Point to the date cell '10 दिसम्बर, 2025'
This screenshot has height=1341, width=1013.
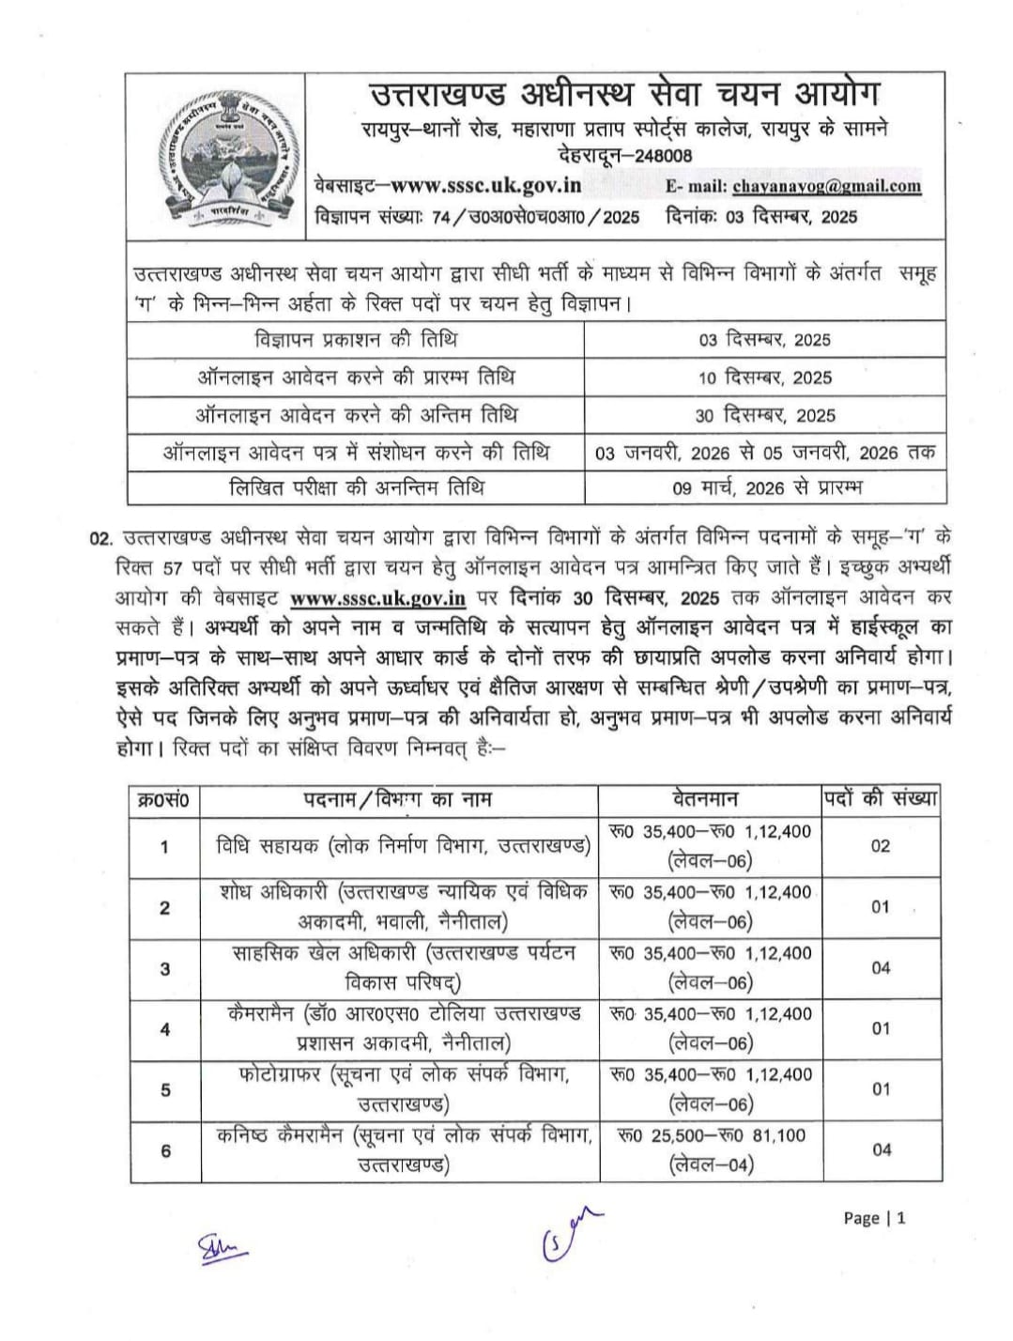pyautogui.click(x=765, y=378)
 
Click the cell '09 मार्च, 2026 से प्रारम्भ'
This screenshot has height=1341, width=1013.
pyautogui.click(x=765, y=487)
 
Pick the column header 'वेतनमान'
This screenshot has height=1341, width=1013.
pyautogui.click(x=705, y=799)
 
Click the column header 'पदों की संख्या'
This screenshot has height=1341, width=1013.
pyautogui.click(x=881, y=799)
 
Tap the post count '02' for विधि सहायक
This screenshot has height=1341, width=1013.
pyautogui.click(x=880, y=845)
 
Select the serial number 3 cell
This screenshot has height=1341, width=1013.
pyautogui.click(x=165, y=968)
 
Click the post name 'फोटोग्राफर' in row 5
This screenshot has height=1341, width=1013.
pyautogui.click(x=280, y=1075)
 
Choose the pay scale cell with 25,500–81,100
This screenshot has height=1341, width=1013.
pyautogui.click(x=712, y=1149)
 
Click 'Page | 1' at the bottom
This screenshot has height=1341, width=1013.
pyautogui.click(x=874, y=1218)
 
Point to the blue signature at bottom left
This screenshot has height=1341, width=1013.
pyautogui.click(x=219, y=1248)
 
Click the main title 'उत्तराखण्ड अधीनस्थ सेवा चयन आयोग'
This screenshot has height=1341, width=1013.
pyautogui.click(x=623, y=95)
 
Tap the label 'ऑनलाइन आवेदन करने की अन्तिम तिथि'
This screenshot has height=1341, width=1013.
pyautogui.click(x=356, y=415)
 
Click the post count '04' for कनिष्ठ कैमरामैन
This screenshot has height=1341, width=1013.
pyautogui.click(x=881, y=1149)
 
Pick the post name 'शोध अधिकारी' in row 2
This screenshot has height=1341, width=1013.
pyautogui.click(x=276, y=892)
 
